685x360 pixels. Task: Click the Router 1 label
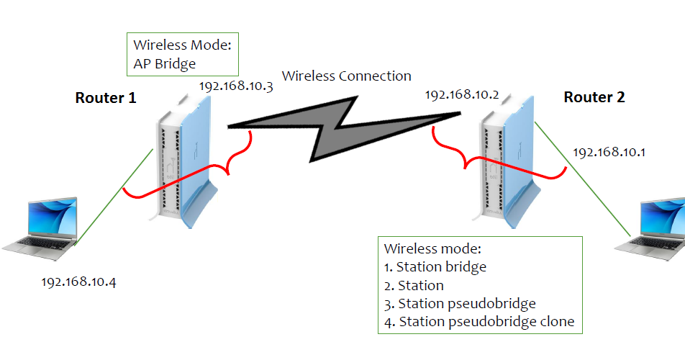[x=106, y=98]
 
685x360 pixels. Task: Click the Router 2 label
[x=594, y=97]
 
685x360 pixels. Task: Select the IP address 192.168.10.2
[x=462, y=95]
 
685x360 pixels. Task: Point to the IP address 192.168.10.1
[x=609, y=153]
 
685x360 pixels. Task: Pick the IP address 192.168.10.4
[x=78, y=281]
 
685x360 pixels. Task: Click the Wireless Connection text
[x=346, y=76]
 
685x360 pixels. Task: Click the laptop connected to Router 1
[x=40, y=227]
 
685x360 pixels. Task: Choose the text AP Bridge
[x=165, y=64]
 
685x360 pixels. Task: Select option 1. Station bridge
[x=435, y=266]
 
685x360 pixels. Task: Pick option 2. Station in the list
[x=414, y=285]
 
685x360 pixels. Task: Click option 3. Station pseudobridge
[x=460, y=303]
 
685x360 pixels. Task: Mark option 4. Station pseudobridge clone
[x=479, y=322]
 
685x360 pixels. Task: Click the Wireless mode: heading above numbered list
[x=432, y=248]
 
